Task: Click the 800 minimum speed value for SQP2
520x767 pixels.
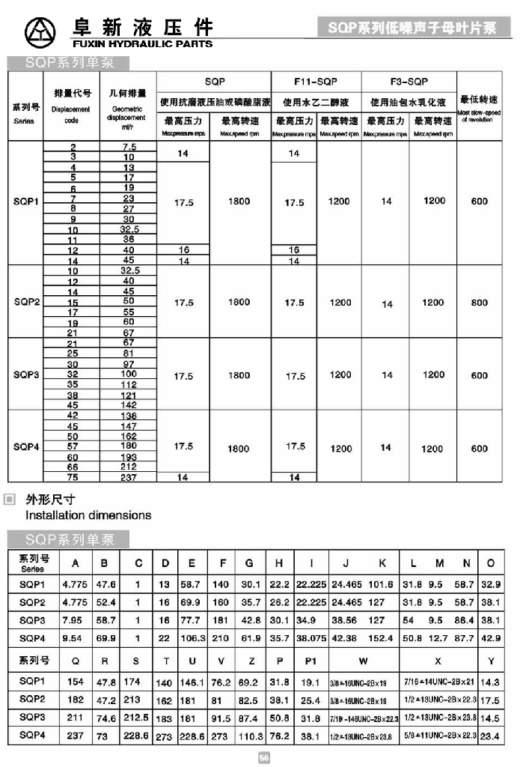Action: [x=480, y=303]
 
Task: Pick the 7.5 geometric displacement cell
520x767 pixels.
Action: [x=129, y=148]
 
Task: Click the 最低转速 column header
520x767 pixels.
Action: [x=480, y=98]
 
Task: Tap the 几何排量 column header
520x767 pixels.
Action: [x=128, y=94]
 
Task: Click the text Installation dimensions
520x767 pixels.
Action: [x=88, y=515]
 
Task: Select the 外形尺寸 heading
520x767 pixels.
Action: [x=50, y=499]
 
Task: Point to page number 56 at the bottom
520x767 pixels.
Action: [x=263, y=757]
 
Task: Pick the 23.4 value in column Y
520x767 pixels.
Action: [x=491, y=736]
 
